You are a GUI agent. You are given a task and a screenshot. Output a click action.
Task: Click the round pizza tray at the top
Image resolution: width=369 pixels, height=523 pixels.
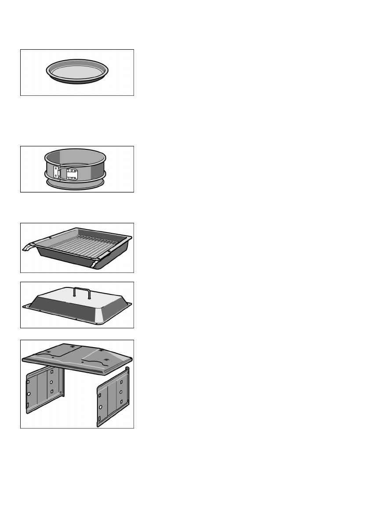click(77, 72)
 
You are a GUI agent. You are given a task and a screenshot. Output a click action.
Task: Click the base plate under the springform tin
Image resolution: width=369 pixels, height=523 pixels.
click(77, 184)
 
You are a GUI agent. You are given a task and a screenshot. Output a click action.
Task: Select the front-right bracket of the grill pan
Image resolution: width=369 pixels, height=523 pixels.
click(94, 265)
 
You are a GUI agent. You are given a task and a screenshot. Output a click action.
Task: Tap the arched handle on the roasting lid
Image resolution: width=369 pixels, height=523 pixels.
click(82, 292)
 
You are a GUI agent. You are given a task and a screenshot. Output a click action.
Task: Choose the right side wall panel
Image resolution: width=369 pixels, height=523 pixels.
click(112, 396)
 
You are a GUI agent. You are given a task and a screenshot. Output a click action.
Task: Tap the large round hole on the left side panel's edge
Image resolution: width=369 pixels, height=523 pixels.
click(29, 394)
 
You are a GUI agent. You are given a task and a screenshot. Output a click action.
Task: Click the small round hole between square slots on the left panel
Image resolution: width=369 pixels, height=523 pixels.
click(51, 382)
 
